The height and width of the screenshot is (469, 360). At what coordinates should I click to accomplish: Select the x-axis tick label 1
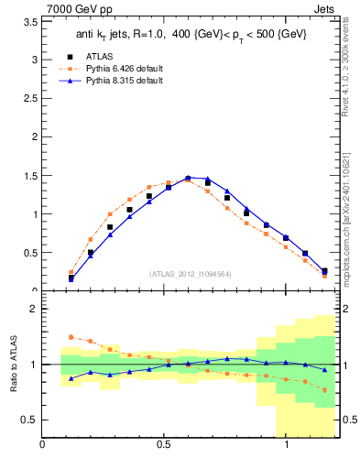[x=287, y=445]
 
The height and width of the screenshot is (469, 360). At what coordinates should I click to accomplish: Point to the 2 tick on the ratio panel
[x=32, y=309]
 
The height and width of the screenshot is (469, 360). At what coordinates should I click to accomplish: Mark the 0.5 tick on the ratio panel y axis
[x=27, y=420]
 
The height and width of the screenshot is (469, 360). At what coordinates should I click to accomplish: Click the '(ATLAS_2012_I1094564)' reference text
[x=189, y=274]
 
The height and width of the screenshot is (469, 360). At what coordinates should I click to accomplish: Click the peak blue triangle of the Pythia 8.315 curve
[x=188, y=178]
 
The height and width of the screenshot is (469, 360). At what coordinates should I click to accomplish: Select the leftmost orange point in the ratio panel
[x=71, y=337]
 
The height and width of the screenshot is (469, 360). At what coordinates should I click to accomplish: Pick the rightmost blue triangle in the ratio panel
[x=324, y=369]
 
